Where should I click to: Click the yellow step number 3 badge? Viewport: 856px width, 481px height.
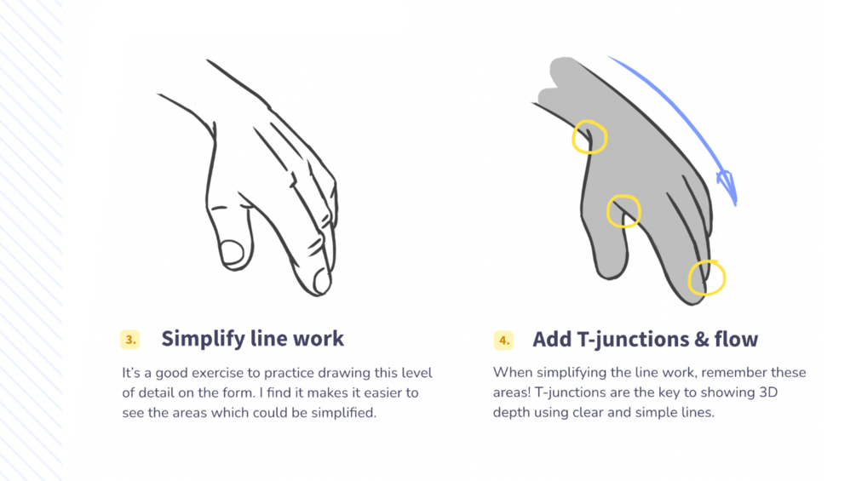point(129,340)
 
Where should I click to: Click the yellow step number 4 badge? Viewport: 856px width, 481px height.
point(503,341)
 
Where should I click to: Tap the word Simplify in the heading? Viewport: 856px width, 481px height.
point(200,338)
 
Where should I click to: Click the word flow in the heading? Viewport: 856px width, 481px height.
point(736,340)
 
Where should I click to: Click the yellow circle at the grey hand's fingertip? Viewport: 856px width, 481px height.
point(706,278)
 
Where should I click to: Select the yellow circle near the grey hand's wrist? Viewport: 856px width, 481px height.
point(589,137)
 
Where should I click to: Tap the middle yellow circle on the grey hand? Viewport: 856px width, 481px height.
point(623,211)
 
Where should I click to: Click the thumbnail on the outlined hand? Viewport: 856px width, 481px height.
point(232,252)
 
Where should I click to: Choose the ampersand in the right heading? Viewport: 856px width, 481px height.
point(700,340)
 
